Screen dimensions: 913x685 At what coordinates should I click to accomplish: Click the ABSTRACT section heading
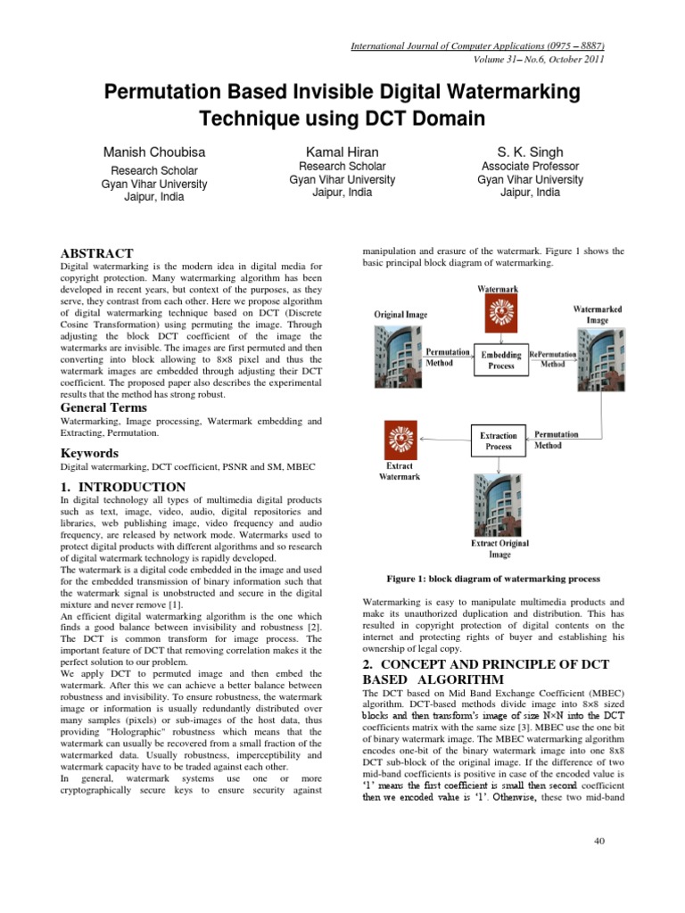96,254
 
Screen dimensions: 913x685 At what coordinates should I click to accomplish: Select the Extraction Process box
499,440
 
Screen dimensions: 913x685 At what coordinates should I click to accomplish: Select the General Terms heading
103,407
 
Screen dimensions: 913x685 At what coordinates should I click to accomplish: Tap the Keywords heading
89,453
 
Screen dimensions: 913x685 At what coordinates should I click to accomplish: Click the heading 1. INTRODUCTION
122,487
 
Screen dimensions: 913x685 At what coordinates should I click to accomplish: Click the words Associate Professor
530,167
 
